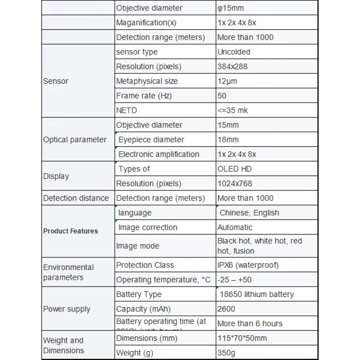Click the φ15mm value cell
click(231, 8)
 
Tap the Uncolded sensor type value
click(234, 52)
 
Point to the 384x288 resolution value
click(232, 67)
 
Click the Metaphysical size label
click(147, 81)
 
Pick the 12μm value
click(227, 81)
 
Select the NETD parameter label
click(126, 110)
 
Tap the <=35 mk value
click(233, 110)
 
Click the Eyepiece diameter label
click(151, 139)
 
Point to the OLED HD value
click(234, 169)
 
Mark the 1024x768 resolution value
click(234, 184)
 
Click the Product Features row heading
click(70, 231)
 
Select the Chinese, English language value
click(249, 213)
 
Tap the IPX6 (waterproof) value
click(248, 265)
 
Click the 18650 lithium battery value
click(256, 294)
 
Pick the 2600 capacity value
click(226, 309)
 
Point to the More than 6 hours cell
click(250, 324)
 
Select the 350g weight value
click(226, 353)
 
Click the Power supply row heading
click(67, 309)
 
